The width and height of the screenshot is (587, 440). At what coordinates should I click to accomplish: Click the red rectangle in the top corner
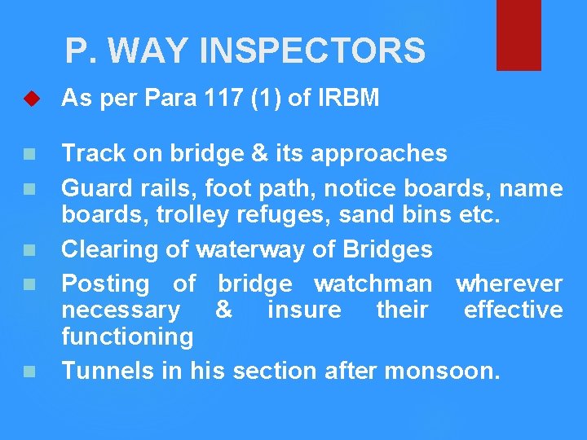(x=519, y=34)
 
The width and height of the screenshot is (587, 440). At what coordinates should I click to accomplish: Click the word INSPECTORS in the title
(x=312, y=51)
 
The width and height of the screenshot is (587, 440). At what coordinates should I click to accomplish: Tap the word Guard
(x=92, y=189)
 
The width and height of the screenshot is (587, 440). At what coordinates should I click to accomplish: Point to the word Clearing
(x=110, y=249)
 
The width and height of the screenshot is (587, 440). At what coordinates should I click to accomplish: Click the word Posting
(x=106, y=284)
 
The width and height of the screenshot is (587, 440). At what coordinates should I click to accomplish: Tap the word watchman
(x=373, y=284)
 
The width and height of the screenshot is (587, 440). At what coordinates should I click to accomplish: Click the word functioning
(x=128, y=337)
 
